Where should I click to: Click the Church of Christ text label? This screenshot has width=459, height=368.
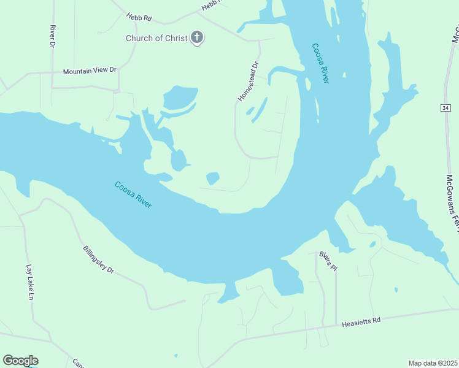coord(156,38)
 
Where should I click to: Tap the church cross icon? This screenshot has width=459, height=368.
coord(197,38)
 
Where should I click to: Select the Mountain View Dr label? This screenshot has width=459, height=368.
coord(90,71)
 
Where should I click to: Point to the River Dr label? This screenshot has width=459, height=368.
coord(53,36)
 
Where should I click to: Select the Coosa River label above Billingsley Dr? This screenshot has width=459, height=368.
coord(133,194)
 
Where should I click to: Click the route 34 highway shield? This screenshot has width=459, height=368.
coord(444,108)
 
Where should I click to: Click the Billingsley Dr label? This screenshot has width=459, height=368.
coord(98,259)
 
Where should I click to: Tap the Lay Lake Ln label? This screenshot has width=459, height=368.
coord(29,282)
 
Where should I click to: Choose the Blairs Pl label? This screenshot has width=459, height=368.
coord(328,261)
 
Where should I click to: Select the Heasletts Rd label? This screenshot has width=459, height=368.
coord(361,320)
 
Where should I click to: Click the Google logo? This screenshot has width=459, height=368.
coord(20,361)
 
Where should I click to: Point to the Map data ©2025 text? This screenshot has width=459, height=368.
coord(433,363)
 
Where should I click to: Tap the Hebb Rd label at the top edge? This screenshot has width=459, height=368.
coord(210,6)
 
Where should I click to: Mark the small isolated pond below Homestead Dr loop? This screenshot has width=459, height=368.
coord(213,178)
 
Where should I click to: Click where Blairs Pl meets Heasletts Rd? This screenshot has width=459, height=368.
coord(336,324)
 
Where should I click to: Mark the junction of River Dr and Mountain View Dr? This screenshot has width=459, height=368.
coord(53,72)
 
